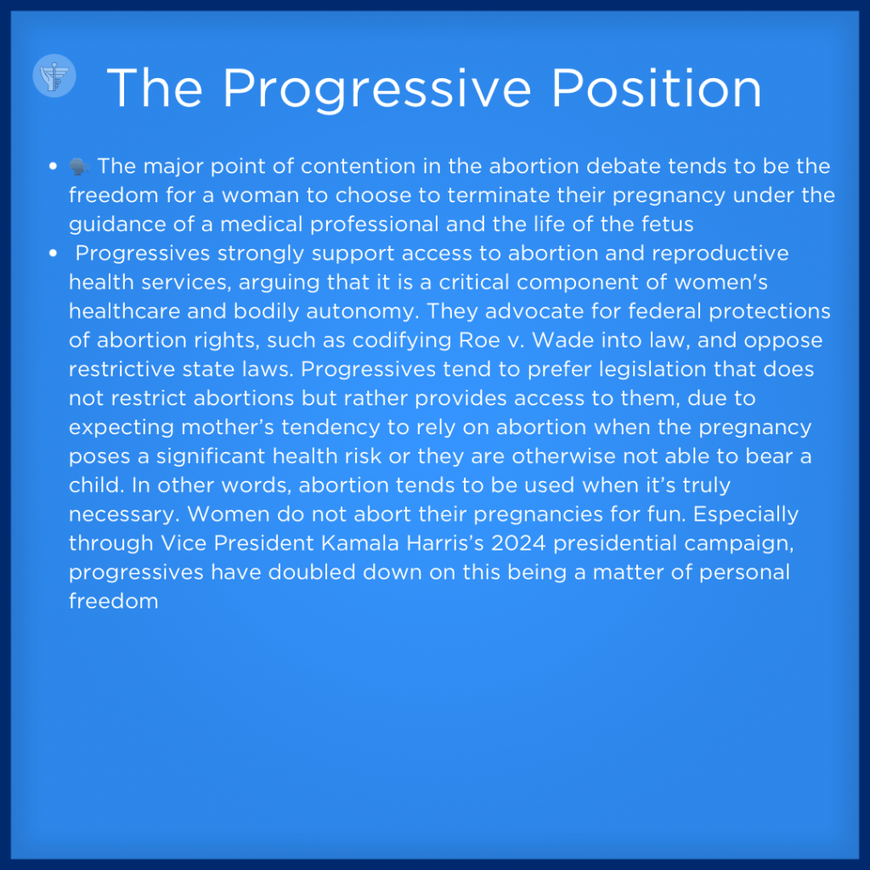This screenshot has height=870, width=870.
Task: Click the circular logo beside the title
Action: click(54, 76)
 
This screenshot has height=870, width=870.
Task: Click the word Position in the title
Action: click(657, 88)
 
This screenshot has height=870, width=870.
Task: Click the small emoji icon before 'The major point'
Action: click(79, 166)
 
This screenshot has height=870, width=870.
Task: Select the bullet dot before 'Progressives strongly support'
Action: click(54, 253)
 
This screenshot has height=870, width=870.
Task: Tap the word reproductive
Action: click(720, 253)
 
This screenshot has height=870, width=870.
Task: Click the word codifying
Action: click(402, 341)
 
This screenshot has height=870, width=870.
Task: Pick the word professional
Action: click(375, 224)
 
